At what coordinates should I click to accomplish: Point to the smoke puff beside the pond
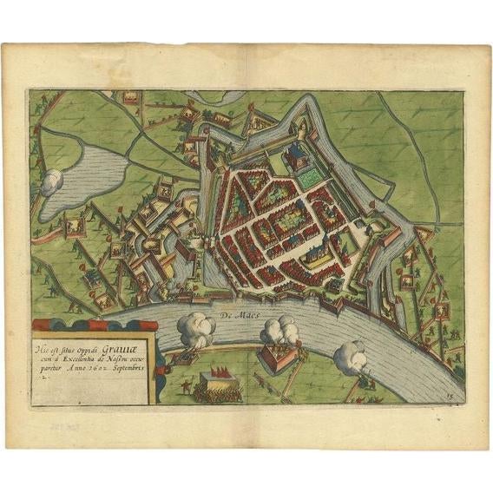pyautogui.click(x=52, y=181)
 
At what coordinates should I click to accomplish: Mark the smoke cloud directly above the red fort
pyautogui.click(x=279, y=330)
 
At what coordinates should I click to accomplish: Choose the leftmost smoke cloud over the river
pyautogui.click(x=196, y=330)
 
